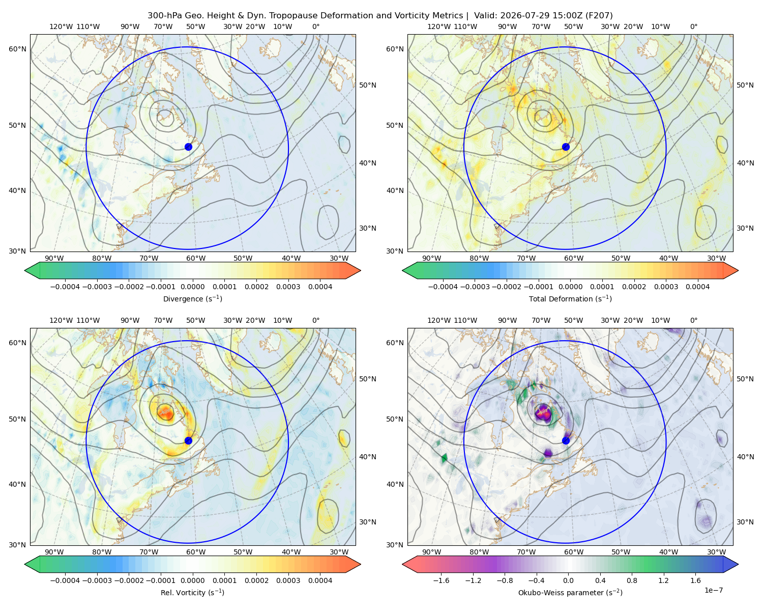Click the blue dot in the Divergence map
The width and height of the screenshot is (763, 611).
[x=188, y=147]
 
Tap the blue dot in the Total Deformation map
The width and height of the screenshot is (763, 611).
[x=566, y=147]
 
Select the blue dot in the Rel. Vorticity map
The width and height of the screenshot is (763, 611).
[x=188, y=440]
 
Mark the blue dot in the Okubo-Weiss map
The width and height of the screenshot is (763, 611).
[x=566, y=440]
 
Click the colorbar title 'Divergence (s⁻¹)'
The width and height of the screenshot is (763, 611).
[x=192, y=298]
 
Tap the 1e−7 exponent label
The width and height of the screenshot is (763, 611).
[x=713, y=590]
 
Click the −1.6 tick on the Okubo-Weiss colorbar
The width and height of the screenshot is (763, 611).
[x=442, y=580]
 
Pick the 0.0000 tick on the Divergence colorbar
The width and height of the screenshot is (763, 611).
[x=192, y=287]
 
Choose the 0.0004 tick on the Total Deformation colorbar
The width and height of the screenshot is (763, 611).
[x=697, y=287]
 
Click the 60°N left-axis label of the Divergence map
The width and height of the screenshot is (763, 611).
[x=17, y=49]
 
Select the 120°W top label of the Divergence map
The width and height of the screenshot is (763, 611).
[x=61, y=26]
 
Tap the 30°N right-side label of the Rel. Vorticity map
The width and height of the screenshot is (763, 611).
[x=368, y=521]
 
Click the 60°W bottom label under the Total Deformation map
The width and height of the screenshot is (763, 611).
[x=574, y=258]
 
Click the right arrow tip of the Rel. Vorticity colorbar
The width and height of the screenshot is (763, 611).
[x=361, y=564]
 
